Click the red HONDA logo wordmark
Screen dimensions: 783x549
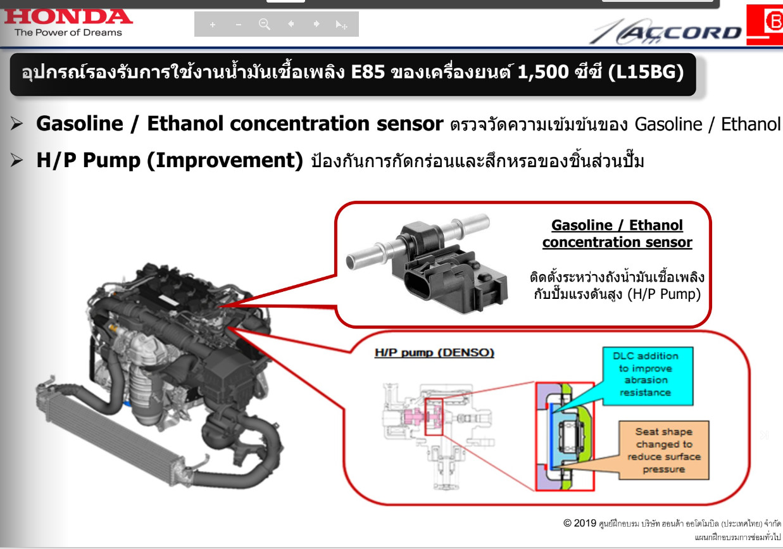pos(68,16)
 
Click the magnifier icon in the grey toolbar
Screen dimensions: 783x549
pos(264,24)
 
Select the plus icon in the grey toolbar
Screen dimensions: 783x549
pos(213,25)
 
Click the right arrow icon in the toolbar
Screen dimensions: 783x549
pos(316,24)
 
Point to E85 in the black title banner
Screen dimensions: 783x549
pos(368,72)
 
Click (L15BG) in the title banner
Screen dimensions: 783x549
pos(646,72)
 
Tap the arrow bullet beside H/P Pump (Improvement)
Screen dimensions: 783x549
pos(16,160)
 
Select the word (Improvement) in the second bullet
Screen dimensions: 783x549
pos(225,161)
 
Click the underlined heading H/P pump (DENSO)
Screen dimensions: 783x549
pos(434,353)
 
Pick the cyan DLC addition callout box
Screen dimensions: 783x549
pos(648,376)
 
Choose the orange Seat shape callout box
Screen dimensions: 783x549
pos(664,450)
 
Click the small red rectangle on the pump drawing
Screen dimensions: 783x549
pos(434,417)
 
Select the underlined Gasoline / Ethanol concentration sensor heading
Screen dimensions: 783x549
pos(617,234)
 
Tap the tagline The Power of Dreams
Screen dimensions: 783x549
pos(68,32)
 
